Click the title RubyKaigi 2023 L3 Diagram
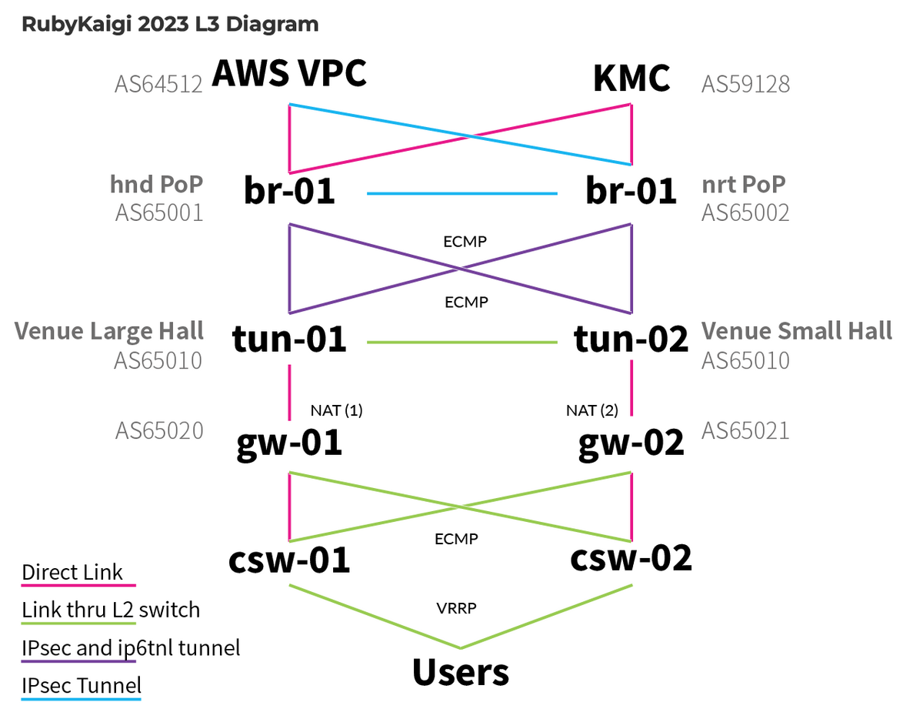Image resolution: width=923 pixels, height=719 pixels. [170, 24]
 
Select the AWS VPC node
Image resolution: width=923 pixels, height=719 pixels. [288, 75]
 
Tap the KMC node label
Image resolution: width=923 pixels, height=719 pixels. [631, 79]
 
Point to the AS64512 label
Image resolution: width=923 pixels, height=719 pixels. [159, 83]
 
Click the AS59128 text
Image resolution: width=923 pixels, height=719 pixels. [745, 83]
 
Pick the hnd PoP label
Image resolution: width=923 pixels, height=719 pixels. [157, 184]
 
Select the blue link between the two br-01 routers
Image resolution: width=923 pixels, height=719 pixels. [461, 193]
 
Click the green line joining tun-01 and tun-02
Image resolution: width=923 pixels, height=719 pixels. [461, 343]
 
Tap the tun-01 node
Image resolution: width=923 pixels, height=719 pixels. [289, 339]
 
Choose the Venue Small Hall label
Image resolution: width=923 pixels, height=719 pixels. [797, 331]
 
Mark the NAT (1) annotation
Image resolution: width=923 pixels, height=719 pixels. [336, 410]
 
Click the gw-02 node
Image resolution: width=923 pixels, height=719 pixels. [631, 443]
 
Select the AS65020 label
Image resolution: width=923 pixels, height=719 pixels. [159, 430]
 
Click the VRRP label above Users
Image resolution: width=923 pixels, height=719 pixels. [456, 607]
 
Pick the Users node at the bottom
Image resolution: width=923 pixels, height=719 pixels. [461, 672]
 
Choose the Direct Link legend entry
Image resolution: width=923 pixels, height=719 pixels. [72, 573]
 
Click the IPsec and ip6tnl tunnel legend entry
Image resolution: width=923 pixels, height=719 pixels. [131, 647]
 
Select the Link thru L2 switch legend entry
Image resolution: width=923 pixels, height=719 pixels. [111, 610]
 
